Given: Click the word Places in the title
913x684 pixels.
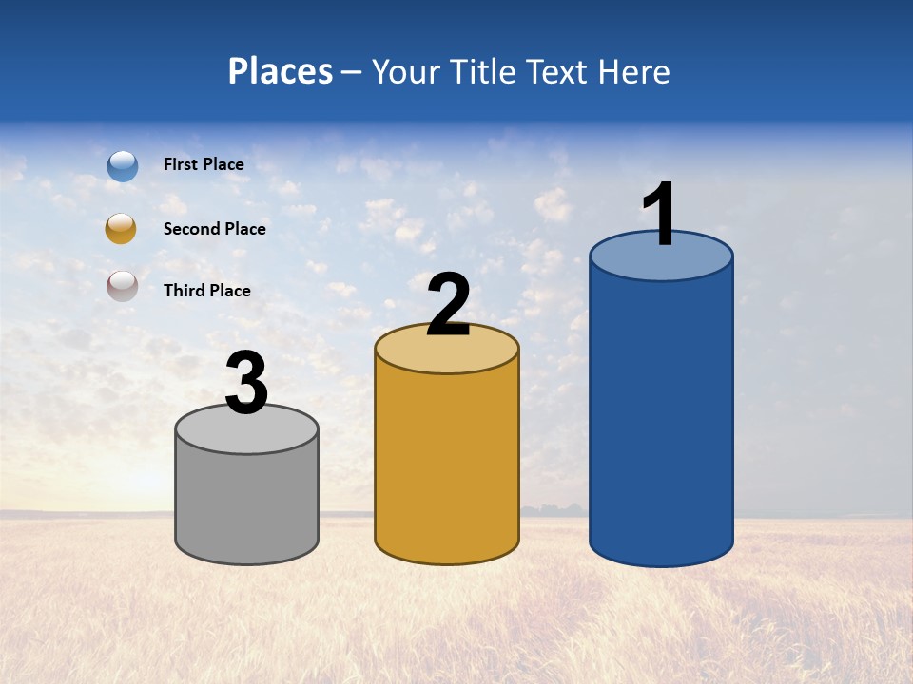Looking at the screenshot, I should coord(281,71).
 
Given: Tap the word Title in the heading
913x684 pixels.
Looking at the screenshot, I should coord(484,71).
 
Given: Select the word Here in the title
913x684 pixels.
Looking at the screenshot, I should coord(633,71).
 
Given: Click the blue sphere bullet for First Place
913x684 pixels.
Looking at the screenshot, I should coord(123,165).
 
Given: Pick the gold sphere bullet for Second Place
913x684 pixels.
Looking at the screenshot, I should coord(121,229).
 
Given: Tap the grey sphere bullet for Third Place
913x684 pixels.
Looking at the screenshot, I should coord(123,286).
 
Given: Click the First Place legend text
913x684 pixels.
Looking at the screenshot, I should coord(204,164).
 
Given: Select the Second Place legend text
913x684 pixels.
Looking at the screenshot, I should coord(214,229).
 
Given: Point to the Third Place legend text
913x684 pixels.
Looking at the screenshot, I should coord(207,291).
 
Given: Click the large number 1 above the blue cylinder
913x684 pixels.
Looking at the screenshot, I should coord(660,214).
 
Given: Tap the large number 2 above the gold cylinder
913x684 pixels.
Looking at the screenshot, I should coord(448,305).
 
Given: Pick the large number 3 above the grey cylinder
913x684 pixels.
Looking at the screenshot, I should coord(246,383).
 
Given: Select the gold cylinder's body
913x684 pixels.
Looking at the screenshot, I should coord(447,465).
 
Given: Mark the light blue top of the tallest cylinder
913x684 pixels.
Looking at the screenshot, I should coord(661,262).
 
